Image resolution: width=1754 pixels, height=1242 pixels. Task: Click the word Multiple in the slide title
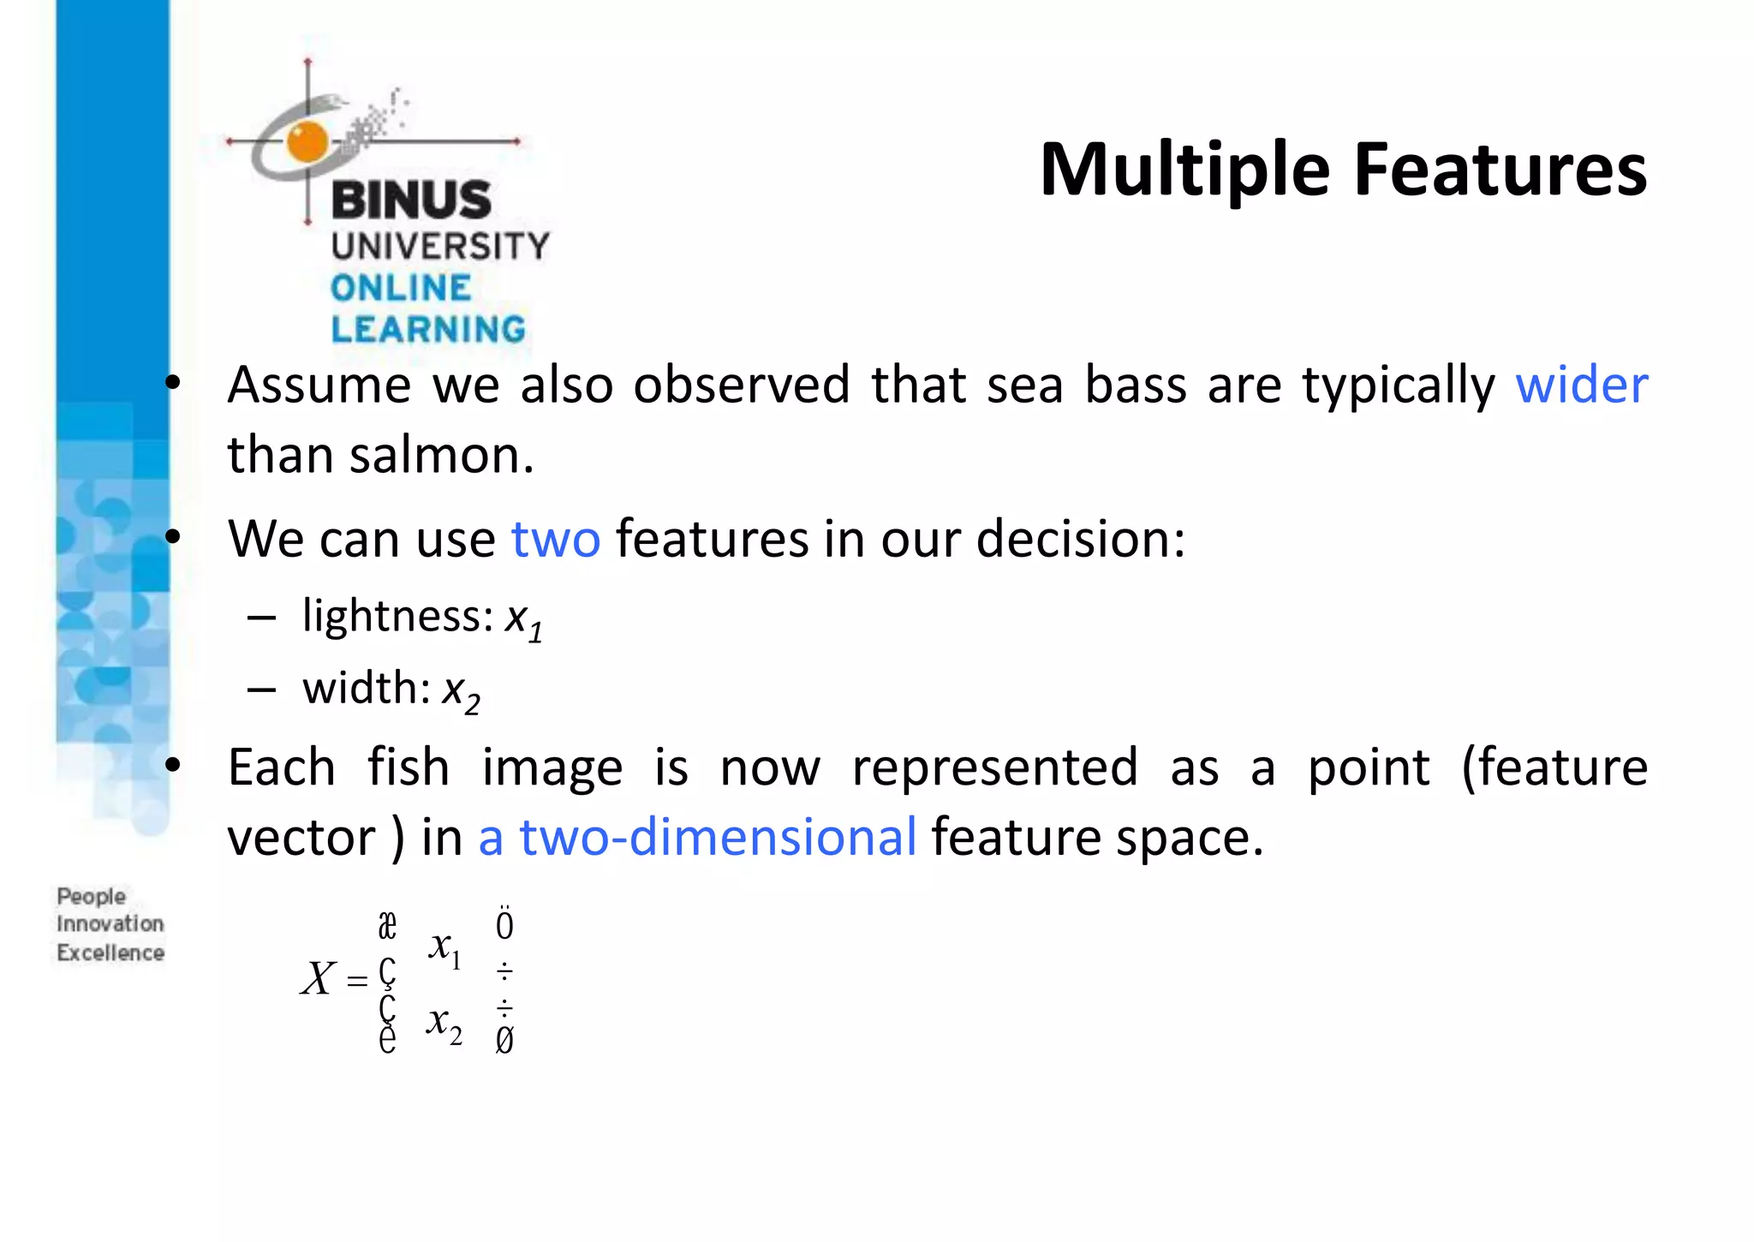[1184, 170]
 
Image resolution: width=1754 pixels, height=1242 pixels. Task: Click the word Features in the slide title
[1500, 170]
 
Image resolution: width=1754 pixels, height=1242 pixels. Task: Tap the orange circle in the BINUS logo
[307, 142]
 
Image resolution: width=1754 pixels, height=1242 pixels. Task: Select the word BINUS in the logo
[411, 200]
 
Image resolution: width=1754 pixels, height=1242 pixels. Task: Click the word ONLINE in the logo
[401, 288]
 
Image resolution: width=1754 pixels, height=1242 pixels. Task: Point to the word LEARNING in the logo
[428, 329]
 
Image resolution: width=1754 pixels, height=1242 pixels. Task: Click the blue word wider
[1581, 385]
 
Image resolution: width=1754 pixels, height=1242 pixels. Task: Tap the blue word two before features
[556, 539]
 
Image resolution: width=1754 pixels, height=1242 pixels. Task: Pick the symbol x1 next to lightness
[522, 620]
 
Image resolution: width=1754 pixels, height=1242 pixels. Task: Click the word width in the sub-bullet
[366, 687]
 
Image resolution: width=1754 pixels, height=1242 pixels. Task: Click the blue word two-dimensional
[718, 837]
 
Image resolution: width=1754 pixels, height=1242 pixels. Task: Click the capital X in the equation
[319, 978]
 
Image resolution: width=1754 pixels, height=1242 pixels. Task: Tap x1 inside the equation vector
[445, 948]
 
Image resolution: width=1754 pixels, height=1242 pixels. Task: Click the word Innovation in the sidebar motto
[110, 923]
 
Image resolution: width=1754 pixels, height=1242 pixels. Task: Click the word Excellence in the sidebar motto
[110, 952]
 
